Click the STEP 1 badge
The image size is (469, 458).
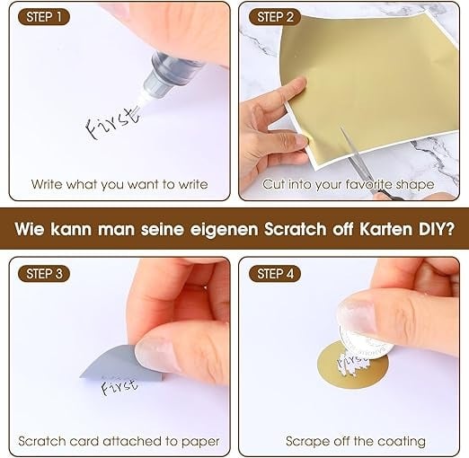[44, 17]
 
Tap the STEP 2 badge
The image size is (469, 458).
[275, 17]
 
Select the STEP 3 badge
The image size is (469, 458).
[44, 274]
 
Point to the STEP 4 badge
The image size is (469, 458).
[275, 274]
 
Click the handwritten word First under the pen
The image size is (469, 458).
[112, 124]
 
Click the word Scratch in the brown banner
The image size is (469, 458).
[295, 229]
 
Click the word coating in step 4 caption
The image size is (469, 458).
[402, 442]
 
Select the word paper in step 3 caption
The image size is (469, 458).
[200, 442]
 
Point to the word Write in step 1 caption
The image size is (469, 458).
[47, 184]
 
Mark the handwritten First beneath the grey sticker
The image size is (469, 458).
[119, 386]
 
